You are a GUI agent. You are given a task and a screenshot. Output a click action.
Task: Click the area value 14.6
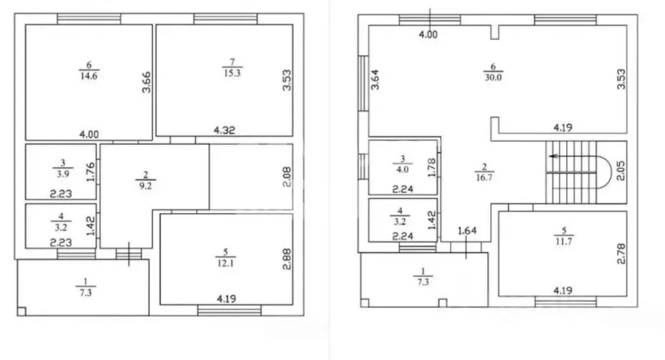pyautogui.click(x=89, y=76)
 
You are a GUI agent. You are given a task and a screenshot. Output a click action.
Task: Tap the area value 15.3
pyautogui.click(x=232, y=73)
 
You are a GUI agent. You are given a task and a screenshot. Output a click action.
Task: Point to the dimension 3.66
pyautogui.click(x=146, y=82)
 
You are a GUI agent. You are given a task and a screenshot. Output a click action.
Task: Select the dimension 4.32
pyautogui.click(x=224, y=130)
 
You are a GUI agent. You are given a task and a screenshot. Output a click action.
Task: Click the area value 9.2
pyautogui.click(x=146, y=186)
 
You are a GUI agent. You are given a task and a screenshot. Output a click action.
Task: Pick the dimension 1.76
pyautogui.click(x=90, y=172)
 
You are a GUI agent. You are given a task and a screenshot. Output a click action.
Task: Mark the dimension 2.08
pyautogui.click(x=287, y=177)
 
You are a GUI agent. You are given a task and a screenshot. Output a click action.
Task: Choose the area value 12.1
pyautogui.click(x=226, y=264)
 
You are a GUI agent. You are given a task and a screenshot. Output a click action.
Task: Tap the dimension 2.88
pyautogui.click(x=287, y=259)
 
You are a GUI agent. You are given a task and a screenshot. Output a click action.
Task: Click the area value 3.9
pyautogui.click(x=63, y=174)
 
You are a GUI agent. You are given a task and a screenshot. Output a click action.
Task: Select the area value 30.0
pyautogui.click(x=493, y=77)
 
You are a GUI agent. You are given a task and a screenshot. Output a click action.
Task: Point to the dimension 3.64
pyautogui.click(x=375, y=80)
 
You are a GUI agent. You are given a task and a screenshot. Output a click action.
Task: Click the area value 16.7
pyautogui.click(x=484, y=178)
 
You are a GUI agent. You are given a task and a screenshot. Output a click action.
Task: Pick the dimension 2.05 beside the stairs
pyautogui.click(x=620, y=171)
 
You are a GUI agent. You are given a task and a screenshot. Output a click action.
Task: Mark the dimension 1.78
pyautogui.click(x=432, y=168)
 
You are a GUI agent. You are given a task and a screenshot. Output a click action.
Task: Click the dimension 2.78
pyautogui.click(x=621, y=253)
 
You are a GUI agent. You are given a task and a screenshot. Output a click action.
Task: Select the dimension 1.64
pyautogui.click(x=467, y=230)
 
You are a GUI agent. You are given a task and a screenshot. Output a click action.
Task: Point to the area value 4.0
pyautogui.click(x=403, y=170)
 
